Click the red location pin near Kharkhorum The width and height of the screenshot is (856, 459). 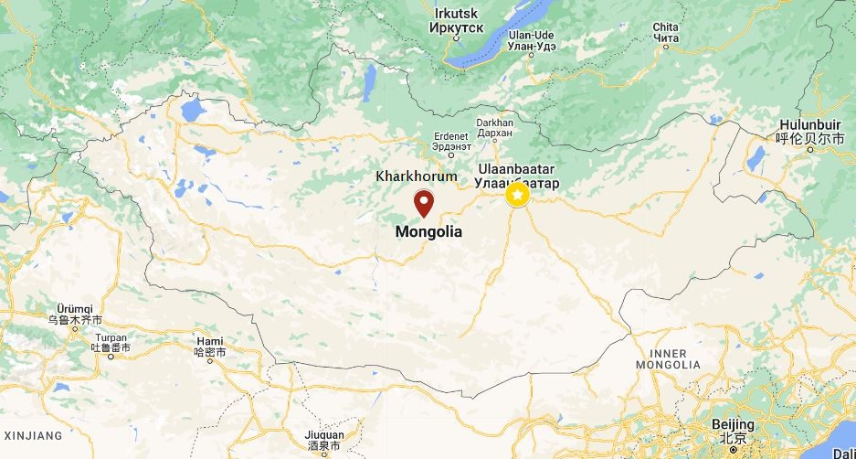tap(424, 202)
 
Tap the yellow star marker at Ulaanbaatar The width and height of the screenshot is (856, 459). tap(518, 194)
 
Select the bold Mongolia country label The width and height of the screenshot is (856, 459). tap(428, 232)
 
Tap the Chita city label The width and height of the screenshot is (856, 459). tap(666, 33)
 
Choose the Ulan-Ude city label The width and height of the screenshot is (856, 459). tap(531, 40)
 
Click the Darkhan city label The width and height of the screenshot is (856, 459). tap(495, 128)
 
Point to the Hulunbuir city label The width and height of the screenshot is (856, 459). tap(811, 131)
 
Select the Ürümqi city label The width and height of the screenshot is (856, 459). tap(75, 315)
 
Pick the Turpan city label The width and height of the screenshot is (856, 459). tap(111, 343)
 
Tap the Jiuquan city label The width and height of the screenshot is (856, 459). tap(324, 440)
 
